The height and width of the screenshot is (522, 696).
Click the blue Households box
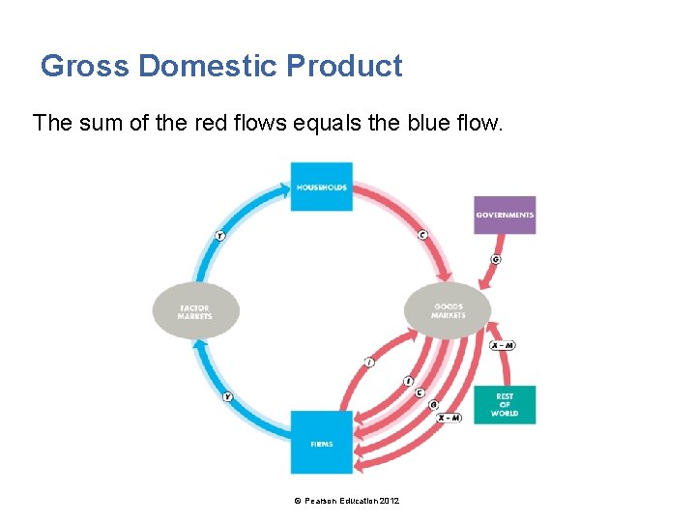coord(322,187)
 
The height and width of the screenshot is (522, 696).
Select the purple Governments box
coord(505,215)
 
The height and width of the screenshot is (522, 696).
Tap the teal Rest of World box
coord(504,405)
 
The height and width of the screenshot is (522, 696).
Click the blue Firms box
coord(322,443)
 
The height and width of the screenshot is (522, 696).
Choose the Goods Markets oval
coord(448,310)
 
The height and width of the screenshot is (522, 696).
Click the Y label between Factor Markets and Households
coord(220,235)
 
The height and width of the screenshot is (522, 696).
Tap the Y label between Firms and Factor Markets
coord(228,396)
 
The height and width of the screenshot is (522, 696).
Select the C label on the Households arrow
coord(422,234)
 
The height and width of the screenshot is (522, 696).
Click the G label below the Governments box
coord(496,259)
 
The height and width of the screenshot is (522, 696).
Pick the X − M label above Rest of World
coord(503,345)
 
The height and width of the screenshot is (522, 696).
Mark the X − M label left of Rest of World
coord(449,418)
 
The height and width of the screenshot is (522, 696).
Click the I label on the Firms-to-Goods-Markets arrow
coord(369,362)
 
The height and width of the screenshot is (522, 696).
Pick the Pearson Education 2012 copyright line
coord(350,500)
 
